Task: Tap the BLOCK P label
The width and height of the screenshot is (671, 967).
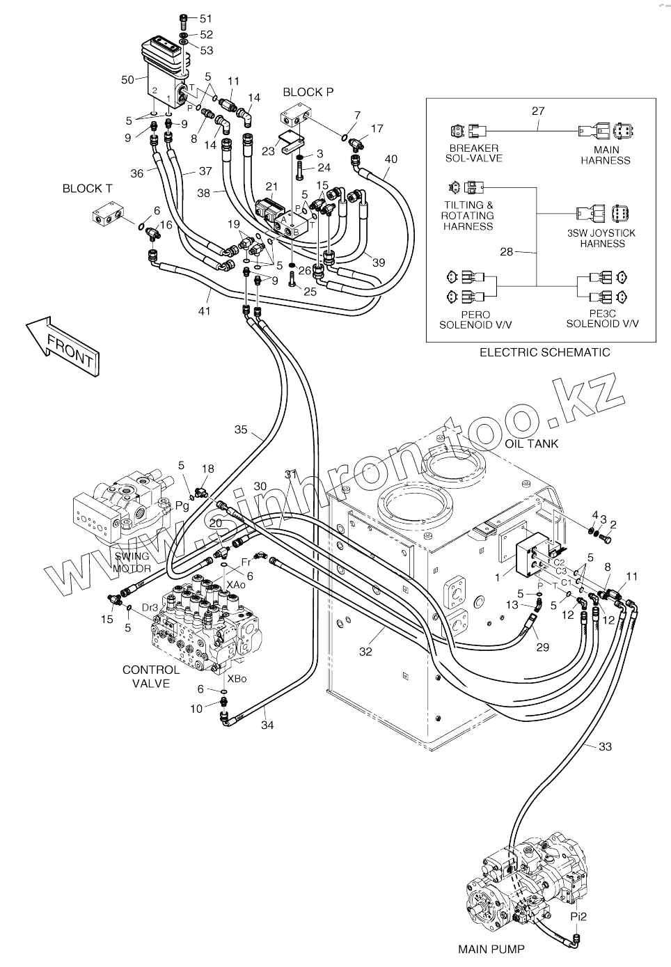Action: click(x=308, y=92)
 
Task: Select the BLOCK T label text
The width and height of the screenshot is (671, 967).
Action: click(x=87, y=189)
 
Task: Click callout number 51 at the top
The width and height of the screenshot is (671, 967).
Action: click(x=205, y=19)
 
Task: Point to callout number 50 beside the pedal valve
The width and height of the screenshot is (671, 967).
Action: click(x=128, y=80)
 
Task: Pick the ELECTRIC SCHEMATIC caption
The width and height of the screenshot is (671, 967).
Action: click(x=545, y=352)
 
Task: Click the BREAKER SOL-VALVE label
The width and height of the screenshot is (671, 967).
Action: click(x=474, y=153)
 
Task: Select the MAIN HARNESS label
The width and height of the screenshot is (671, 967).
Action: click(x=606, y=155)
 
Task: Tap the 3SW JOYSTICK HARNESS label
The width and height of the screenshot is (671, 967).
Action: click(x=602, y=238)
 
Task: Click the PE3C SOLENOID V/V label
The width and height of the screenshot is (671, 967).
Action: click(x=602, y=319)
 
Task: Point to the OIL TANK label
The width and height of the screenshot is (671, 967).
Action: click(x=532, y=443)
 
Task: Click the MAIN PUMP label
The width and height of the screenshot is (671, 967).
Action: click(x=491, y=950)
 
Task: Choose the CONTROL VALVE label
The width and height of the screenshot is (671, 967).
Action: click(x=151, y=677)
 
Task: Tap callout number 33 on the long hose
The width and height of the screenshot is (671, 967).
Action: click(x=605, y=746)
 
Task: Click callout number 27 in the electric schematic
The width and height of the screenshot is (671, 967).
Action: click(x=538, y=111)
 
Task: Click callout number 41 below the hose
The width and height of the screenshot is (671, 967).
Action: click(x=204, y=310)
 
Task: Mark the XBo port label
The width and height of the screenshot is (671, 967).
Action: click(x=237, y=679)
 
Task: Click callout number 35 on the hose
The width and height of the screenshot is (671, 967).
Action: click(x=241, y=430)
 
